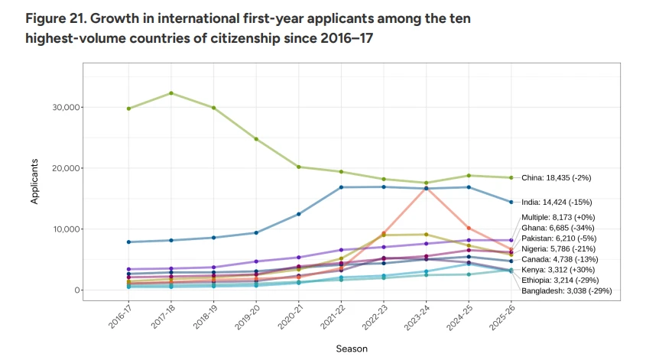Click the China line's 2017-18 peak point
[x=171, y=93]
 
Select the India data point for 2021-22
[x=341, y=187]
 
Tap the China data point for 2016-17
[x=128, y=109]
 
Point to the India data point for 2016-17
[x=128, y=242]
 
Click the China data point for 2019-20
[x=256, y=139]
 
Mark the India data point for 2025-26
[x=511, y=202]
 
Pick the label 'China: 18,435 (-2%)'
[x=556, y=177]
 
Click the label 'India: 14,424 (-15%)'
[x=557, y=202]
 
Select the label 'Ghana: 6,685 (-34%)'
[x=558, y=228]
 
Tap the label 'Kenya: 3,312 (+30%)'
[x=558, y=270]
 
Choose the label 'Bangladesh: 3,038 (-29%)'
[x=566, y=290]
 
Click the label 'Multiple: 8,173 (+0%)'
[x=558, y=217]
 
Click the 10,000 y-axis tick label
[x=67, y=229]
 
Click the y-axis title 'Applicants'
[x=34, y=181]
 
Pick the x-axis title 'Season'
[x=352, y=349]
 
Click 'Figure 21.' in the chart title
[x=56, y=19]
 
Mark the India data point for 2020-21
[x=299, y=214]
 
